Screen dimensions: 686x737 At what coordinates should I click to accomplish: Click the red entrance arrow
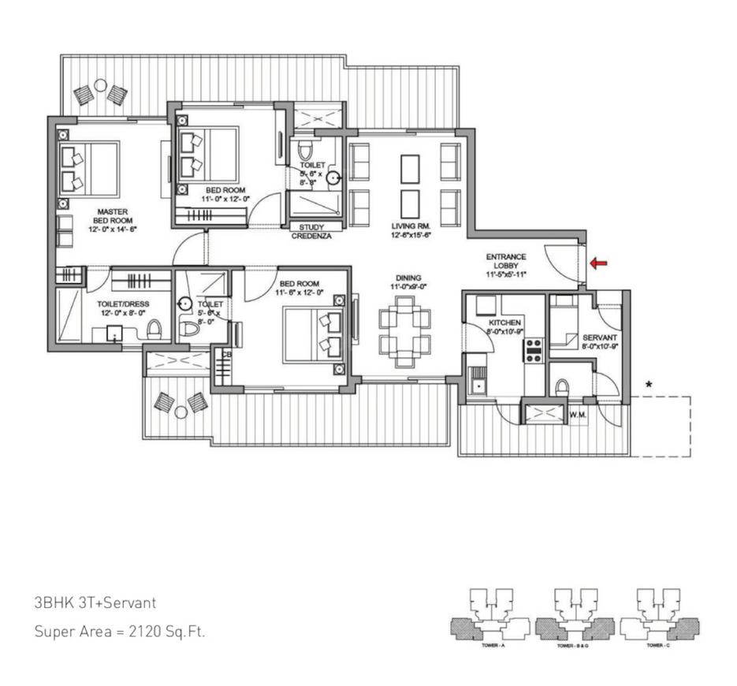(598, 263)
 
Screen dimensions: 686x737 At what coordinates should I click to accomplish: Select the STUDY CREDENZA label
(311, 232)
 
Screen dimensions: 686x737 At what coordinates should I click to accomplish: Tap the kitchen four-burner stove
(534, 349)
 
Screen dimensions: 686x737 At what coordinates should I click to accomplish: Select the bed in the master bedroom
(89, 168)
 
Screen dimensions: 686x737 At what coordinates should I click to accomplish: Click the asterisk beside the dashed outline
(648, 385)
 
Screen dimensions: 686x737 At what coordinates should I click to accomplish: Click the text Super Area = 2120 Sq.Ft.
(119, 632)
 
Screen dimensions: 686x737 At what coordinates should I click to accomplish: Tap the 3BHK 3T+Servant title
(95, 603)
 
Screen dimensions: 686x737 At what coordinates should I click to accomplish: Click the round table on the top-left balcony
(100, 85)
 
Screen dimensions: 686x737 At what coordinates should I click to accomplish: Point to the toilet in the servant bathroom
(562, 386)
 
